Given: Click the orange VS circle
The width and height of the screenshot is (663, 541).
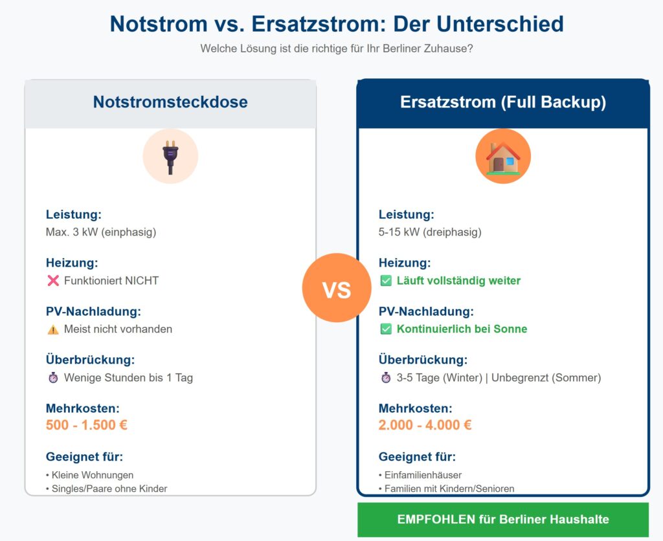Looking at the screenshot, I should point(336,288).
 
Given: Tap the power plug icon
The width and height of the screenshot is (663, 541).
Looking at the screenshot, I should point(170,157).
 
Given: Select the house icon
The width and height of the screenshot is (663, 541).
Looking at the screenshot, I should point(503,157).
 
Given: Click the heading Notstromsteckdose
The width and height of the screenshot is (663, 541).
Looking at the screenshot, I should point(170,102).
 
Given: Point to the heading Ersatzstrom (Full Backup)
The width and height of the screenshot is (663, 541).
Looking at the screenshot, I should point(503,102).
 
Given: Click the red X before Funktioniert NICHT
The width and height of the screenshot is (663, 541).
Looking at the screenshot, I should point(53,281).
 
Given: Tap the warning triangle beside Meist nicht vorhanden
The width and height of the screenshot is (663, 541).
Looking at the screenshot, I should point(53,329).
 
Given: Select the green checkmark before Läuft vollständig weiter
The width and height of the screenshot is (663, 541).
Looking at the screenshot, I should point(386,281).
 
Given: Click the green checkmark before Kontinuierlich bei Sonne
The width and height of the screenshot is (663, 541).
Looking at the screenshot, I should point(386,329).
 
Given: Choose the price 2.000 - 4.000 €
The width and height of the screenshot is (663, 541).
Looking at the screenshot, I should point(425,425).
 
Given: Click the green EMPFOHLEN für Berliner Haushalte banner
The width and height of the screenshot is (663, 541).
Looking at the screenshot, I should point(503,520).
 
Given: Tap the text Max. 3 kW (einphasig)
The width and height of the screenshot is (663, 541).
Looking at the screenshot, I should point(101,232).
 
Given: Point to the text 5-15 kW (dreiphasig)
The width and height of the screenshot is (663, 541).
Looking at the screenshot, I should point(430,232).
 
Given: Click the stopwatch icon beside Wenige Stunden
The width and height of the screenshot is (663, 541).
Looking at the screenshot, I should point(53,378).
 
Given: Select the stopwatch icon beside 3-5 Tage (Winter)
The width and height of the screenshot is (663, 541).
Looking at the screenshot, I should point(386,378).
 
